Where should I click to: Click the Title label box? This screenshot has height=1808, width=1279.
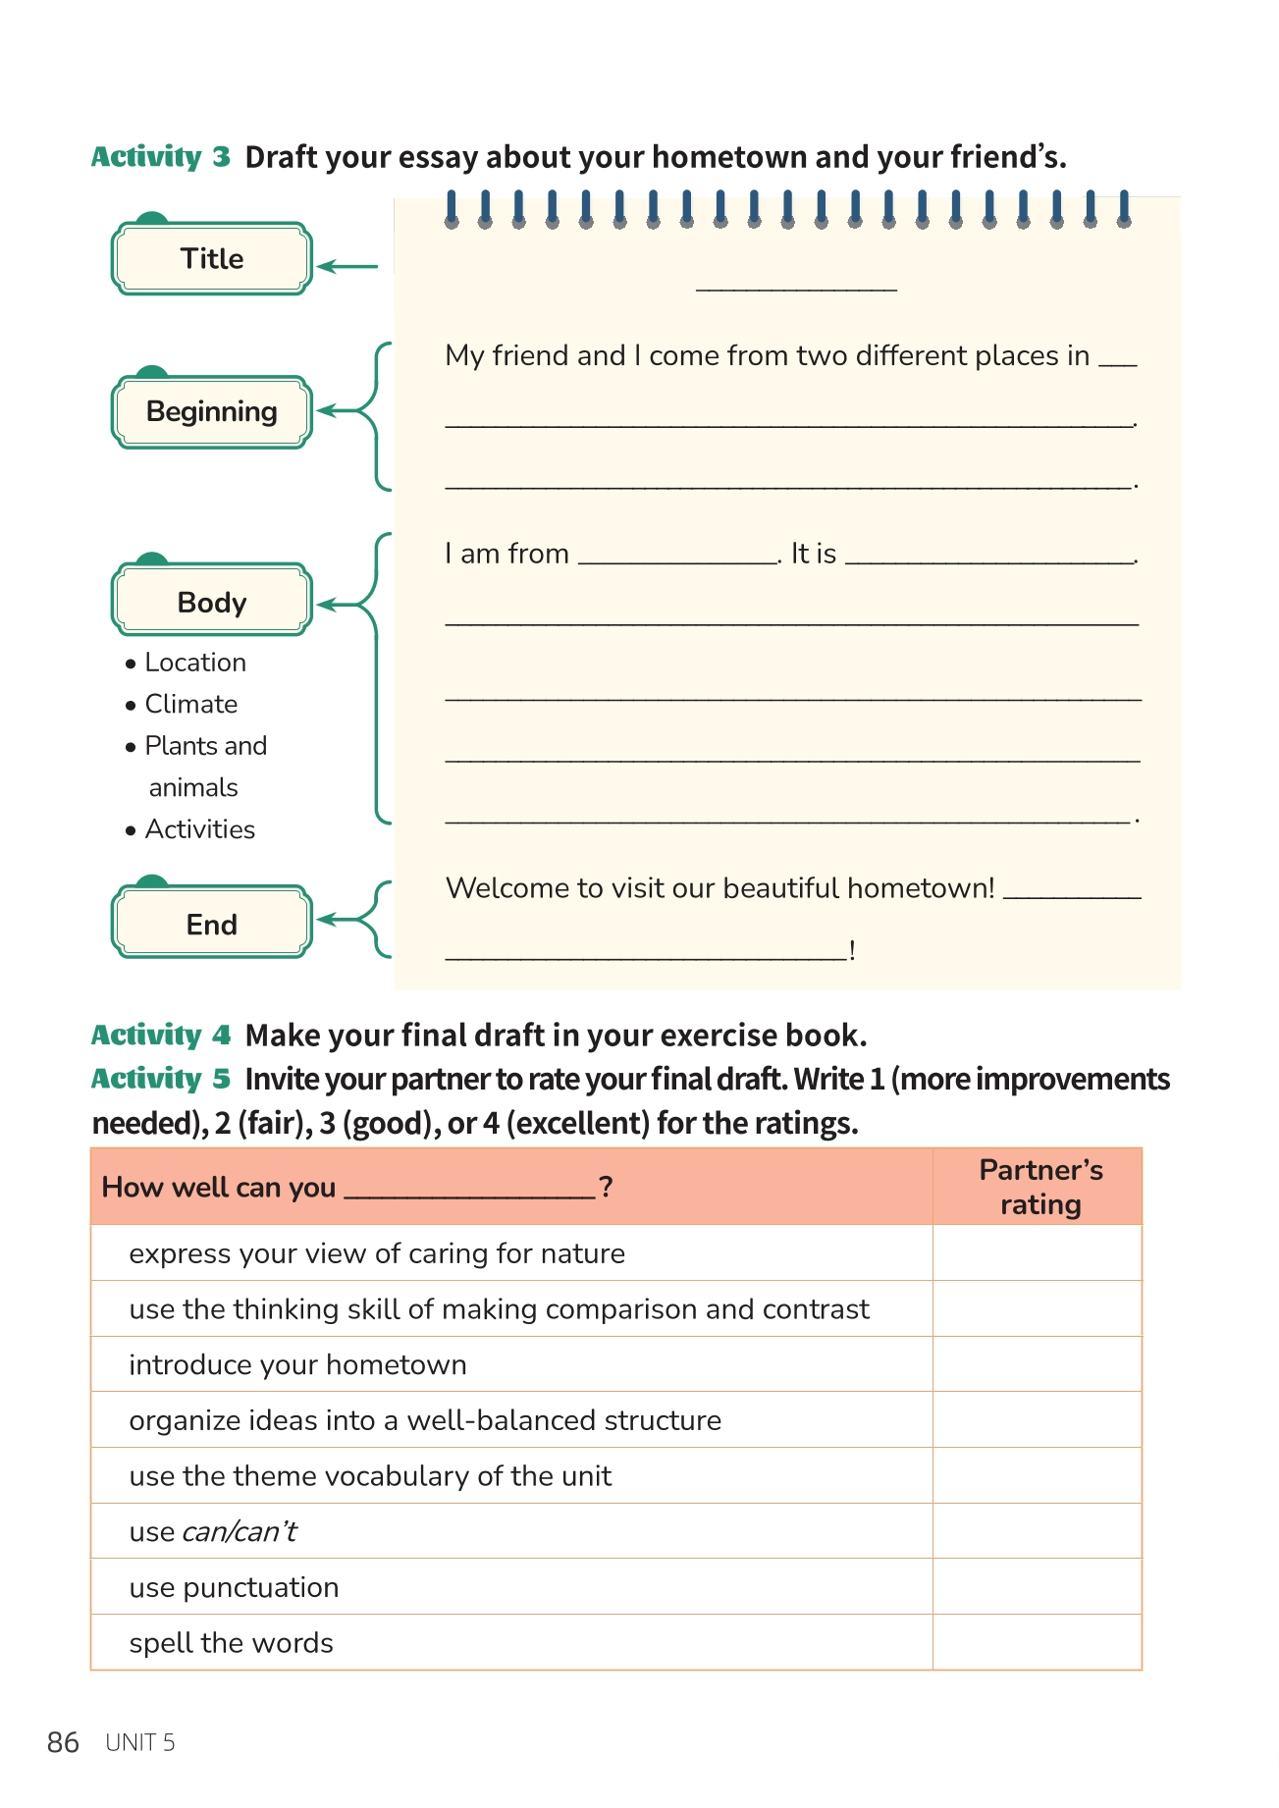212,259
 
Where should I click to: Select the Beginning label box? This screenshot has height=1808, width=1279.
212,412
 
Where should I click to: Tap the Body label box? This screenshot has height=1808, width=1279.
212,601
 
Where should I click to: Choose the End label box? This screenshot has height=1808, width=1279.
212,924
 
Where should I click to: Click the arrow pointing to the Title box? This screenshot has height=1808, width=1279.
347,266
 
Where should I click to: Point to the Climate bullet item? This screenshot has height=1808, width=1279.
190,704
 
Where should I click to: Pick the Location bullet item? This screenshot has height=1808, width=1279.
194,663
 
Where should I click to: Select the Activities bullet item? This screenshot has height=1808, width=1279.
199,829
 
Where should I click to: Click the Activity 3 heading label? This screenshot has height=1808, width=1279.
161,157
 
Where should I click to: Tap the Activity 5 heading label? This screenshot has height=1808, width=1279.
161,1079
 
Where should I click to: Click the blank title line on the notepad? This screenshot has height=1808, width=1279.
796,285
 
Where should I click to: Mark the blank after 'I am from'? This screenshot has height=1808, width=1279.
677,558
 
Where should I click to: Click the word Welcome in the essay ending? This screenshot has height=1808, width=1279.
506,888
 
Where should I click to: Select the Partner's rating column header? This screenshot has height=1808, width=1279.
1039,1187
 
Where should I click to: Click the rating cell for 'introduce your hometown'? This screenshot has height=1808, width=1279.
1037,1364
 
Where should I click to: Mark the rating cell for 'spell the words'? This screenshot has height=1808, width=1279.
1037,1642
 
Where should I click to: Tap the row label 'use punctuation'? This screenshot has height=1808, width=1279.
234,1587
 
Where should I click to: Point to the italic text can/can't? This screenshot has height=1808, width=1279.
240,1531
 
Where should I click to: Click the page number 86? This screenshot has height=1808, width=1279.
63,1742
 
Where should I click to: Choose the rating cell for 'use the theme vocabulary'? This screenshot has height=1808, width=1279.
1037,1475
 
